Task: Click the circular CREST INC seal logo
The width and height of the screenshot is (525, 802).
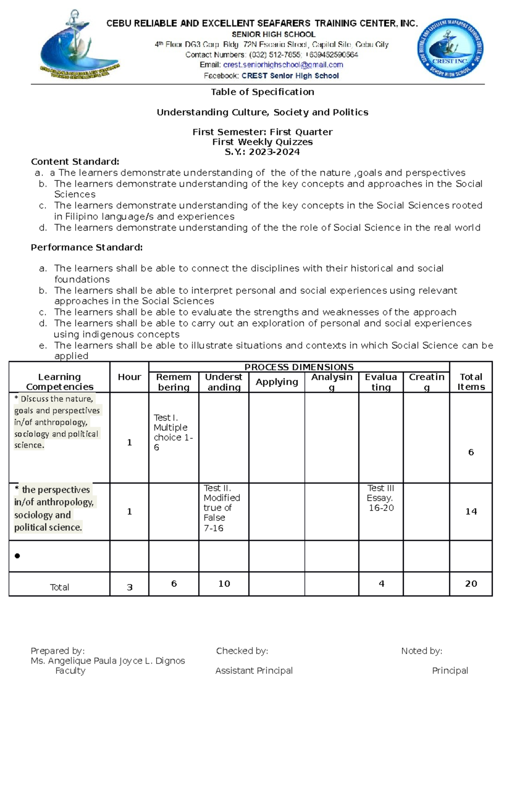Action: [450, 49]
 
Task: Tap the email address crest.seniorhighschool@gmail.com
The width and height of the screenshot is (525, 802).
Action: [283, 65]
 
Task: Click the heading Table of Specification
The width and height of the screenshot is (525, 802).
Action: [262, 92]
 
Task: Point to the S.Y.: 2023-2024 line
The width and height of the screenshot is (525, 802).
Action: [262, 152]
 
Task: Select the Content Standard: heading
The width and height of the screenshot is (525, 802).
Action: [75, 162]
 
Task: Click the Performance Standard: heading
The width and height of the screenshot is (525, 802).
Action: [87, 247]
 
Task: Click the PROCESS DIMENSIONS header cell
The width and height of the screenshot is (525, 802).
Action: [299, 367]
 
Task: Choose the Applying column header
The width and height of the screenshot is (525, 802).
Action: [276, 382]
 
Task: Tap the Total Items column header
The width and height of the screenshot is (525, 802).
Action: [471, 382]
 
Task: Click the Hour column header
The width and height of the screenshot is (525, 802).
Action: [129, 377]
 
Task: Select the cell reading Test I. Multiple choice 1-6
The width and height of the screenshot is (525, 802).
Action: [173, 432]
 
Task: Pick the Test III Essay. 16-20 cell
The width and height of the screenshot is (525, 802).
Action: [381, 498]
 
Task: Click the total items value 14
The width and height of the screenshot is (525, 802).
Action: [471, 511]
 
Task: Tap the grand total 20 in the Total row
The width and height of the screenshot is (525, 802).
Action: [471, 583]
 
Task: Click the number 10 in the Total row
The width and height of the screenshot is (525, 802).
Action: [224, 583]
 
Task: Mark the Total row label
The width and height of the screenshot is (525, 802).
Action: [59, 587]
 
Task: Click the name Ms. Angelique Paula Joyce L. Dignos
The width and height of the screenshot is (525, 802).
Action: [108, 661]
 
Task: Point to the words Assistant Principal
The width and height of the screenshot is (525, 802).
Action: [254, 670]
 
